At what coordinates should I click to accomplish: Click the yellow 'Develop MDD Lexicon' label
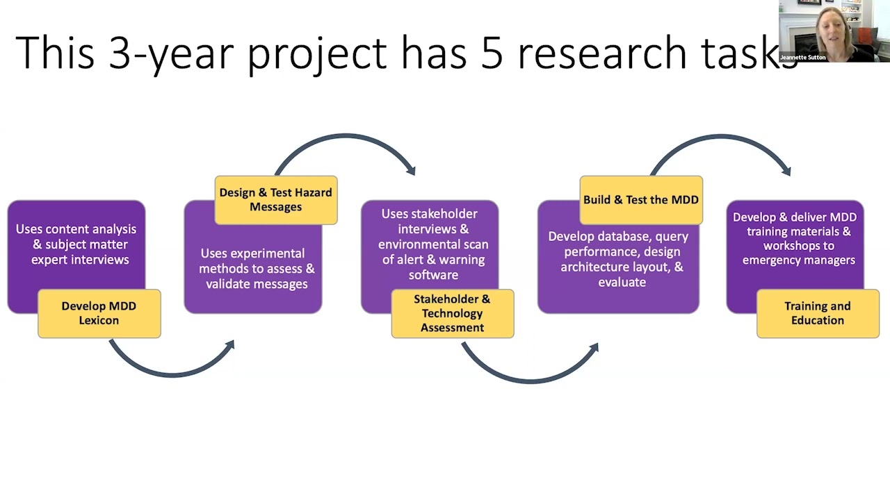(x=99, y=313)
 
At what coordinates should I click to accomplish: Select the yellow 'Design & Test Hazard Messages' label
(x=275, y=199)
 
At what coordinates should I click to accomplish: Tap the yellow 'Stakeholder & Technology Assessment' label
(x=452, y=313)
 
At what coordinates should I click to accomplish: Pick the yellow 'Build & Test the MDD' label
(x=640, y=199)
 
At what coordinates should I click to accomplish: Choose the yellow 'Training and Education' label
(x=817, y=313)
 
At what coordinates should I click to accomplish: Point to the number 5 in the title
(x=492, y=53)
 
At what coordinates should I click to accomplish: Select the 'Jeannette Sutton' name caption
(x=802, y=58)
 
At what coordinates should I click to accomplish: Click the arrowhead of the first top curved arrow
(x=411, y=169)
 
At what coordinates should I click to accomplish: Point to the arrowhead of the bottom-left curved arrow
(x=229, y=345)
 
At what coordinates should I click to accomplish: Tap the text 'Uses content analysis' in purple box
(x=76, y=229)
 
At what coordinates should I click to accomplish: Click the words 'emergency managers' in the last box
(x=798, y=260)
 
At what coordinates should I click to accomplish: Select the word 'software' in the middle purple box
(x=433, y=275)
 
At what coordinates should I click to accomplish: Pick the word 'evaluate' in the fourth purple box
(x=622, y=282)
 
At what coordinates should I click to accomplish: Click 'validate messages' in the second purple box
(x=257, y=283)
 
